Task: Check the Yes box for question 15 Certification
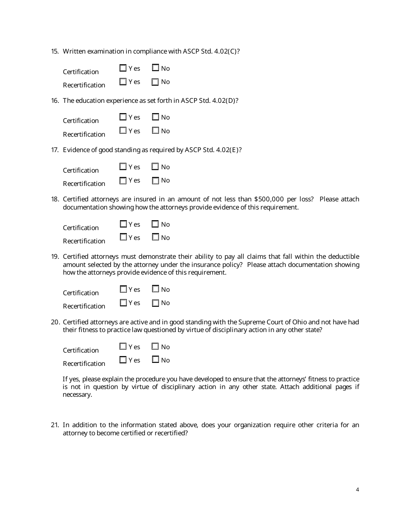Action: pyautogui.click(x=123, y=68)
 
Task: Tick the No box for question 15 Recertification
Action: pyautogui.click(x=156, y=82)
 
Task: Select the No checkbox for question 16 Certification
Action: pyautogui.click(x=156, y=117)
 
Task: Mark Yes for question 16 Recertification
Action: pyautogui.click(x=123, y=131)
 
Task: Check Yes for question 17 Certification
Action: pyautogui.click(x=123, y=167)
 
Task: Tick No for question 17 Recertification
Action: pyautogui.click(x=156, y=180)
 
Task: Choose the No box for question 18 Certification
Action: pyautogui.click(x=156, y=224)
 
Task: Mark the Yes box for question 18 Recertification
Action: pyautogui.click(x=123, y=237)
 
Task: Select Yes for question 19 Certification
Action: pyautogui.click(x=123, y=289)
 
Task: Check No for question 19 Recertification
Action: pyautogui.click(x=156, y=303)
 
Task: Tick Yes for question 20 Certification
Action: pyautogui.click(x=123, y=347)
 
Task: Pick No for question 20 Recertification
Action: pyautogui.click(x=156, y=360)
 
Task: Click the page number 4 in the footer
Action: pyautogui.click(x=357, y=490)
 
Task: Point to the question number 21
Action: pyautogui.click(x=54, y=425)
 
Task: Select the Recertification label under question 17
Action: pyautogui.click(x=84, y=183)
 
